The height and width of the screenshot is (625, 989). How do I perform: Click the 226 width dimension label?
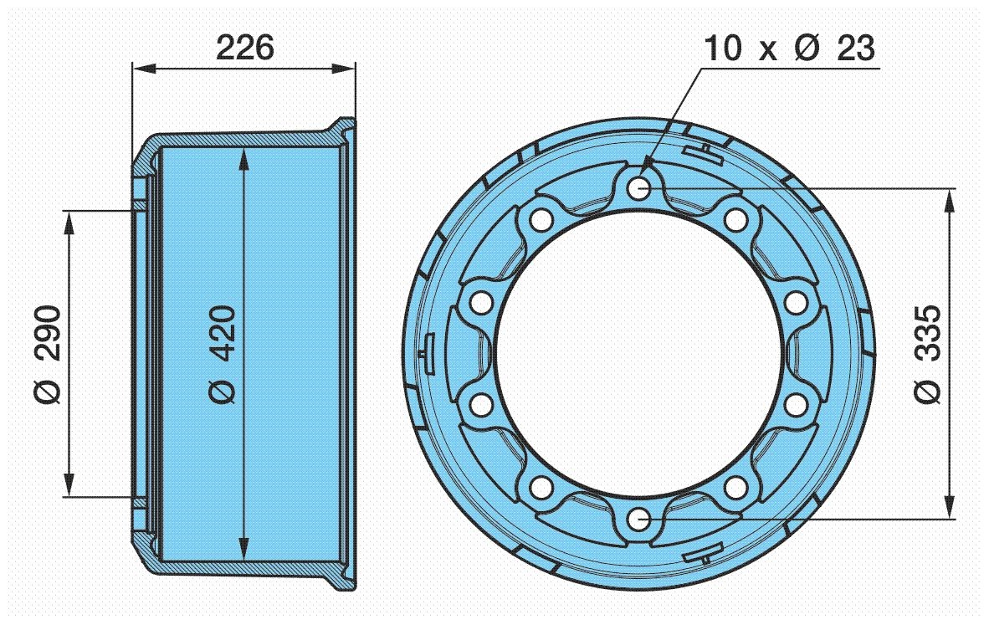[244, 48]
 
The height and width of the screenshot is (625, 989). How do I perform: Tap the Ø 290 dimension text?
[49, 355]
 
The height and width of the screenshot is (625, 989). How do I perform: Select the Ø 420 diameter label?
[222, 355]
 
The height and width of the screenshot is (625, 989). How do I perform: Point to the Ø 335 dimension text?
[928, 355]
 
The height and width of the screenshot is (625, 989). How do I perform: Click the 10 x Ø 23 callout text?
[790, 48]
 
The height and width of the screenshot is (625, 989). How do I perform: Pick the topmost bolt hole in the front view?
[639, 187]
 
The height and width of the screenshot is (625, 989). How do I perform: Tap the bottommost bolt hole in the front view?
[639, 520]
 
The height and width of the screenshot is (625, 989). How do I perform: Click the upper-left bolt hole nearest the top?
[541, 219]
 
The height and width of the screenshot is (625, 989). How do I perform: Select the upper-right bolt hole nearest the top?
[736, 219]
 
